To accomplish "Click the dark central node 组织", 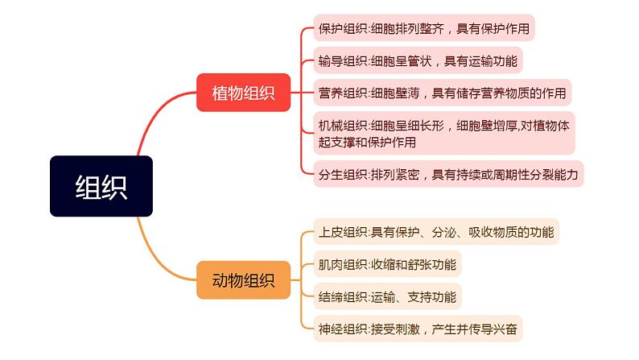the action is click(x=101, y=186).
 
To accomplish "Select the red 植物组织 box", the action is click(x=243, y=93).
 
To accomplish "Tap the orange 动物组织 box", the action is click(x=243, y=280).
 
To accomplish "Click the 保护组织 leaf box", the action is click(x=423, y=29).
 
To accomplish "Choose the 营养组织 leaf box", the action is click(x=442, y=93).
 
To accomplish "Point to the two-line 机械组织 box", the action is click(x=444, y=133).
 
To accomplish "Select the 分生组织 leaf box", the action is click(x=447, y=173).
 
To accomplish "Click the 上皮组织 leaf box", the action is click(x=435, y=233).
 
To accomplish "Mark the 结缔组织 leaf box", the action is click(x=387, y=296).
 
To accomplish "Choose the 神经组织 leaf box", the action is click(x=418, y=328).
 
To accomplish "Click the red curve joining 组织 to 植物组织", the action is click(x=161, y=121).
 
